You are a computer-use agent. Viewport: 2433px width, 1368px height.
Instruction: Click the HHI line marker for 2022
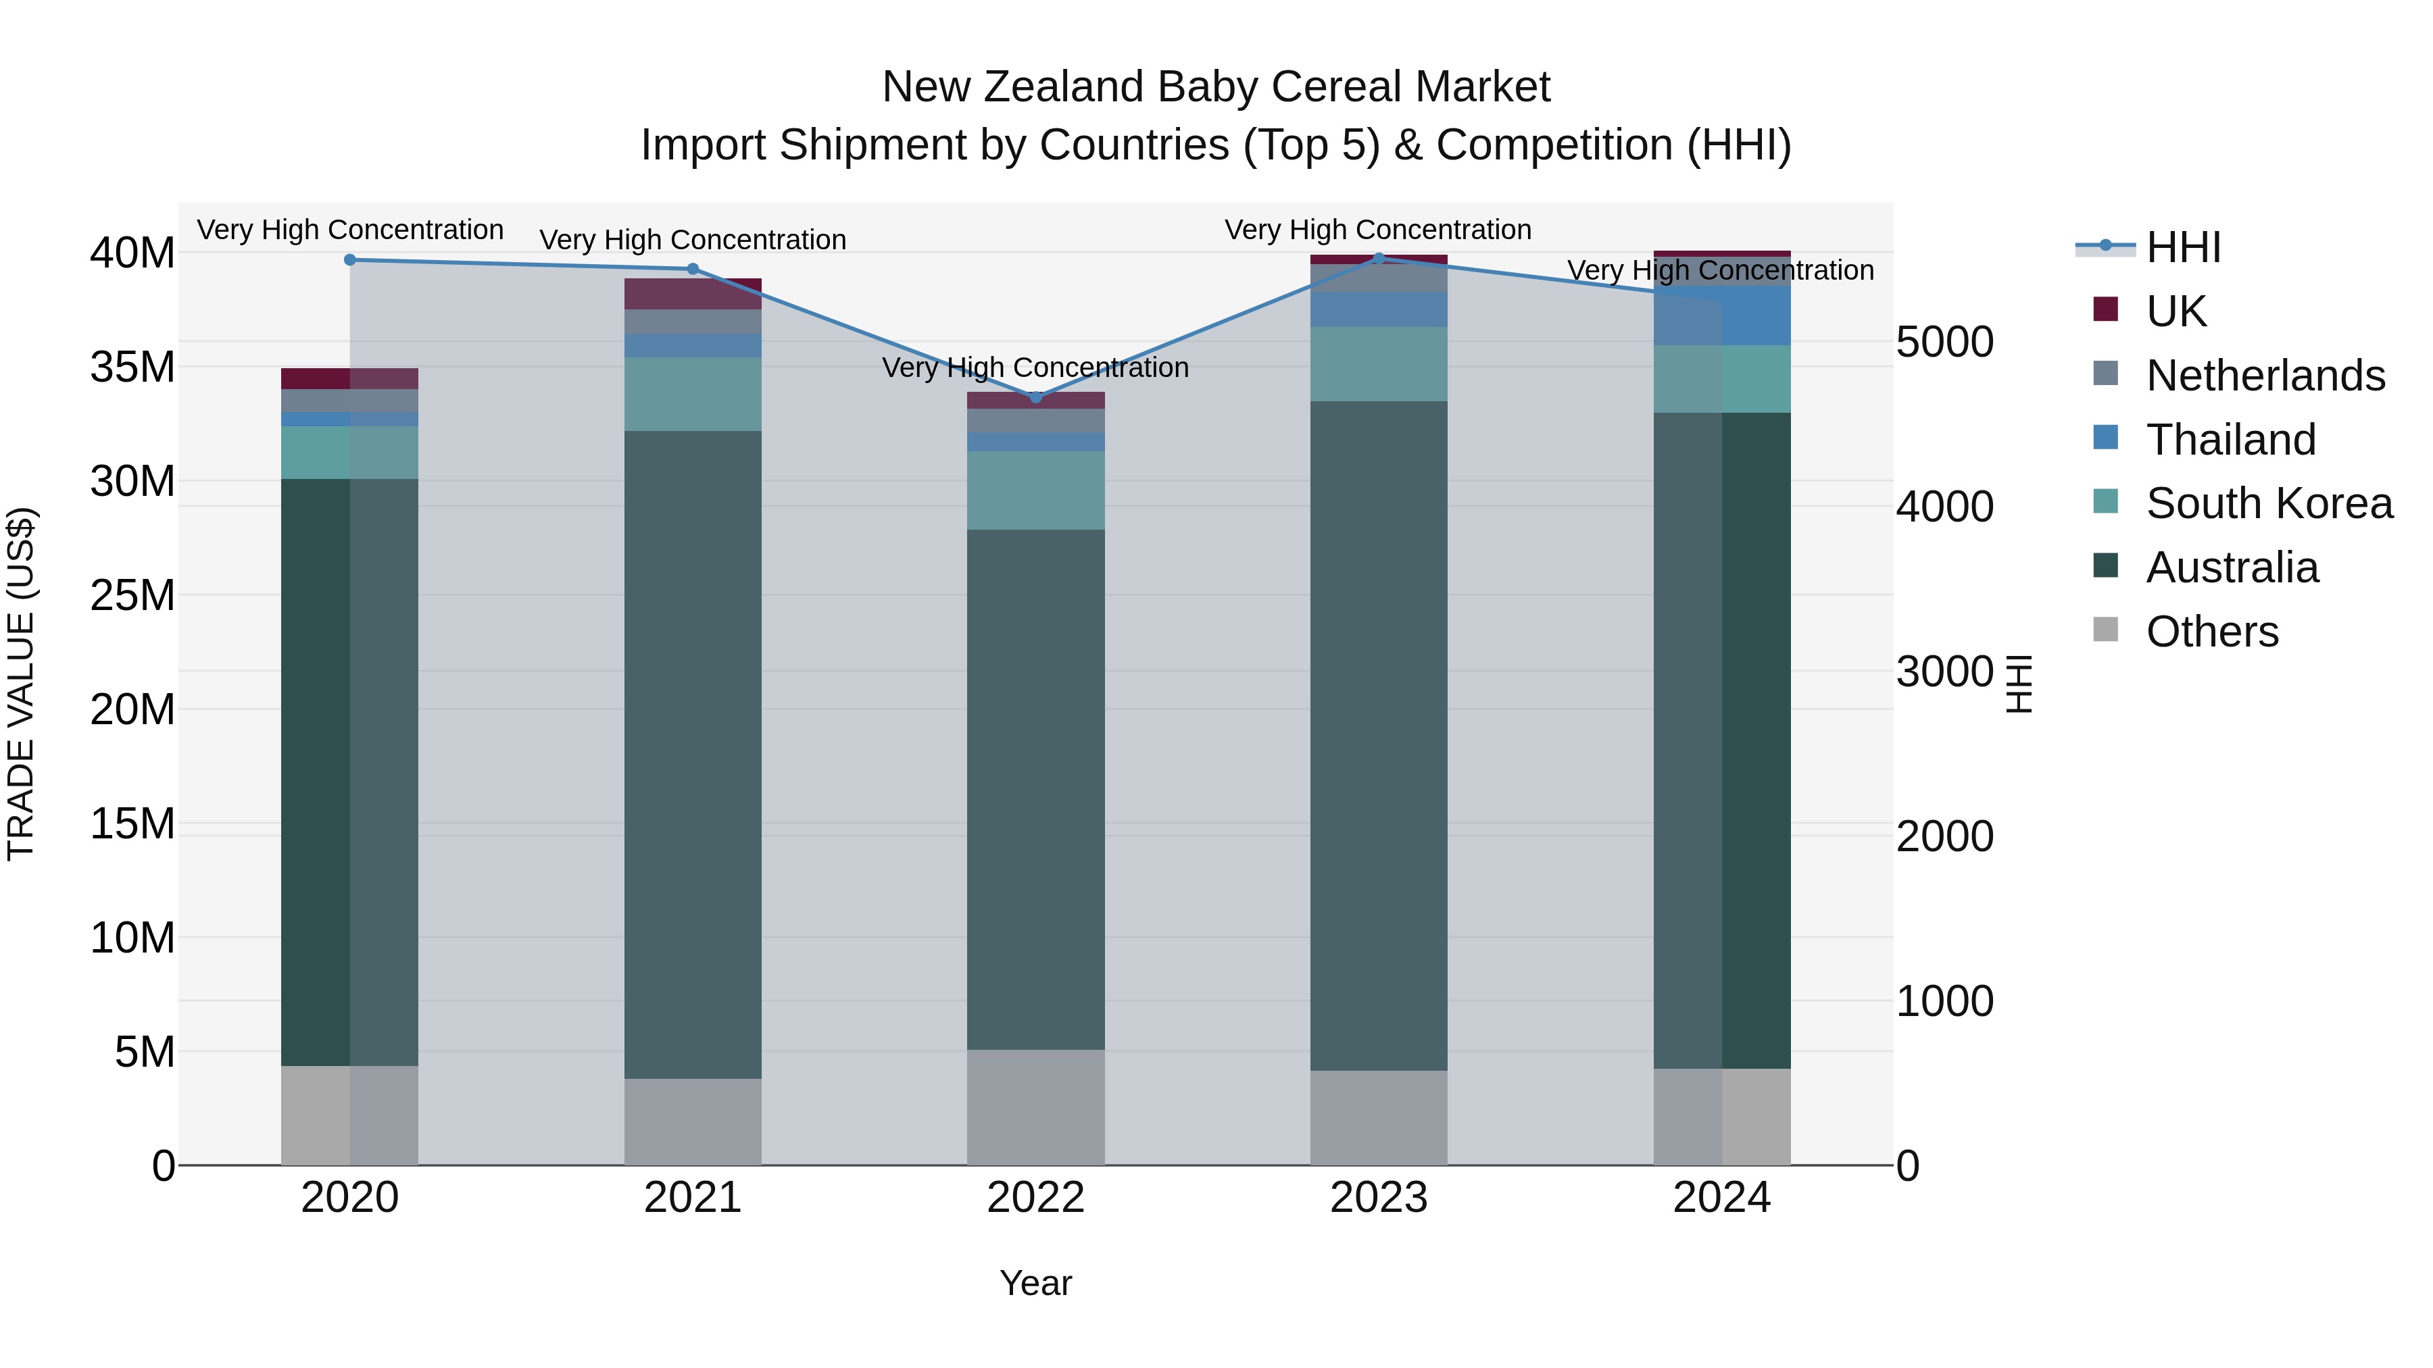pos(1035,397)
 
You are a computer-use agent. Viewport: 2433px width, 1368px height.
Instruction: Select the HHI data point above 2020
pos(349,259)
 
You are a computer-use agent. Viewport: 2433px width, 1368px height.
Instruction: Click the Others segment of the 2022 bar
pos(1035,1107)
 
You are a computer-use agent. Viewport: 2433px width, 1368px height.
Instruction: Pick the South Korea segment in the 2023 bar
pos(1378,363)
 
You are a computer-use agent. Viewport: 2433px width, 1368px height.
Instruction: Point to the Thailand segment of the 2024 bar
pos(1722,315)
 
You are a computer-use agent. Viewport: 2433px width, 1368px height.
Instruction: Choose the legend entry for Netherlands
pos(2264,376)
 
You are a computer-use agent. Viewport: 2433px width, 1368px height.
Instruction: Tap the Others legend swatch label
pos(2211,632)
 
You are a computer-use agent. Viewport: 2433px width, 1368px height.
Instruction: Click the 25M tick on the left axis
pos(132,596)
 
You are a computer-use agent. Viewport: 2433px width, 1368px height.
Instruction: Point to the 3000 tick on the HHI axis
pos(1944,672)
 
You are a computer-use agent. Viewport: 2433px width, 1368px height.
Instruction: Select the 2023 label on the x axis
pos(1378,1198)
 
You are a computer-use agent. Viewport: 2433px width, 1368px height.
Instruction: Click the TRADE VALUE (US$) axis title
pos(21,684)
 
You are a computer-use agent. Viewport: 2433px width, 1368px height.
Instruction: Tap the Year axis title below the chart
pos(1035,1283)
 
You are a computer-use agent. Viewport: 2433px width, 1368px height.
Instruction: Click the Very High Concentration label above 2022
pos(1035,368)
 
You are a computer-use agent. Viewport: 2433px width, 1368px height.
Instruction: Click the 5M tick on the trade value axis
pos(145,1052)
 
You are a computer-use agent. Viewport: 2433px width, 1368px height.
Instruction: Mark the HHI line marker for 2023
pos(1378,259)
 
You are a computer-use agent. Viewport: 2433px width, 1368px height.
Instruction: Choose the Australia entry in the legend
pos(2231,567)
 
